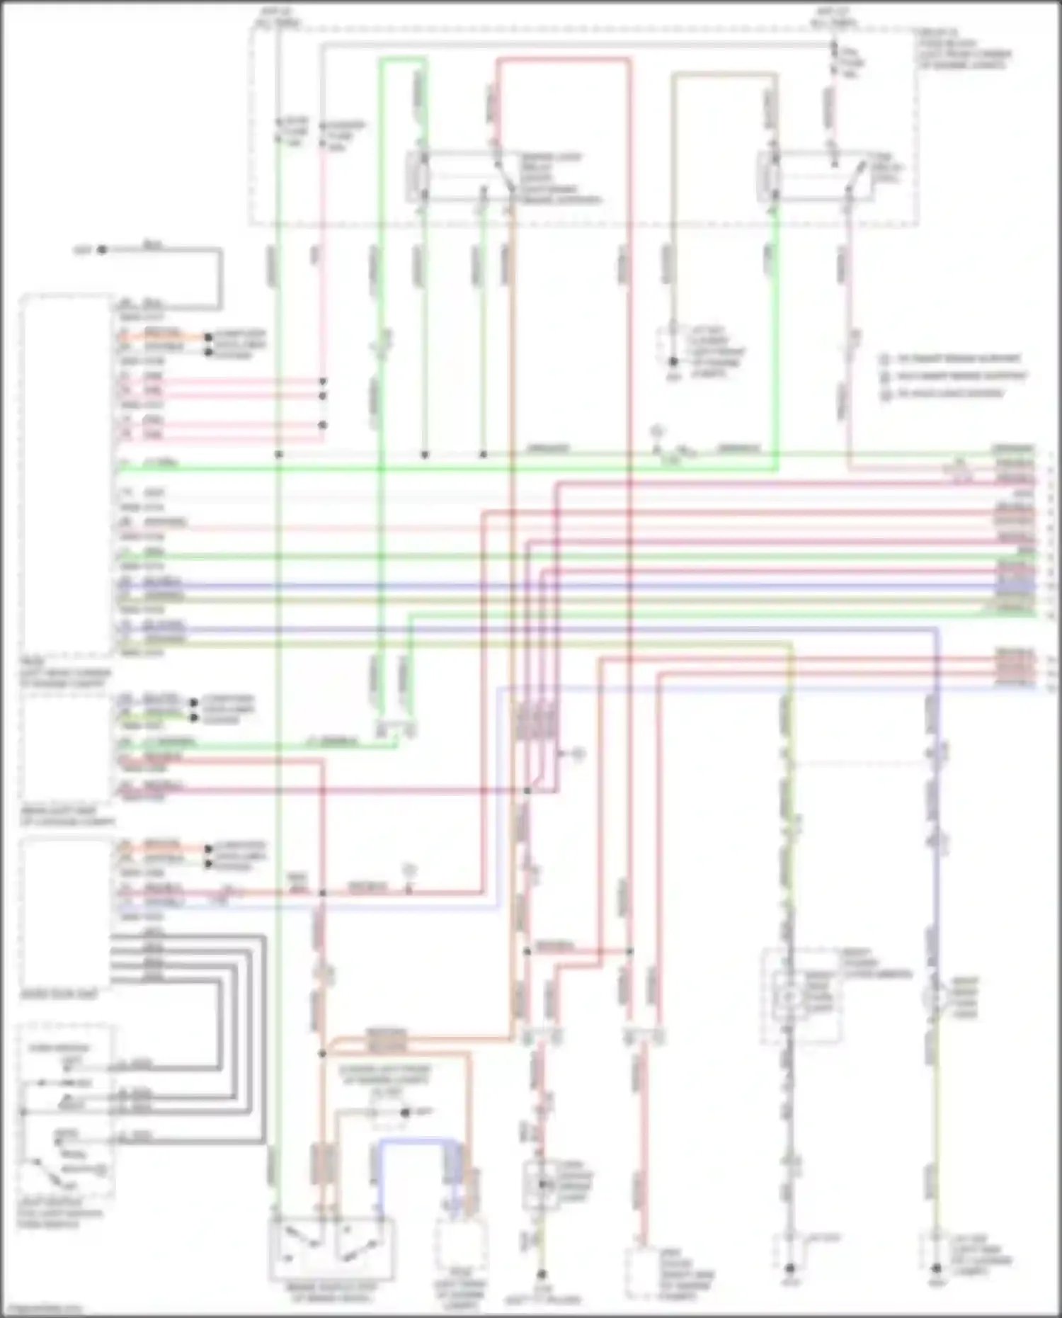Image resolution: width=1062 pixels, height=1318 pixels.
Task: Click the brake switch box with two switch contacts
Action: pyautogui.click(x=331, y=1249)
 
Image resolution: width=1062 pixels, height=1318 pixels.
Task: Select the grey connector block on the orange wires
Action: pyautogui.click(x=387, y=1040)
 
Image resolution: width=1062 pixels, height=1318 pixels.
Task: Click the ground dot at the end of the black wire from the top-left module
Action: pyautogui.click(x=102, y=249)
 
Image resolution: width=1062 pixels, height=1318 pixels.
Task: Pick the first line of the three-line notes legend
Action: pyautogui.click(x=952, y=358)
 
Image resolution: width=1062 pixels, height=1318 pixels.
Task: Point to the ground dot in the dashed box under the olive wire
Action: pyautogui.click(x=673, y=362)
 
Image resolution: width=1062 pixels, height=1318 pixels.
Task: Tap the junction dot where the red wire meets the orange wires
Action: pyautogui.click(x=322, y=1053)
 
